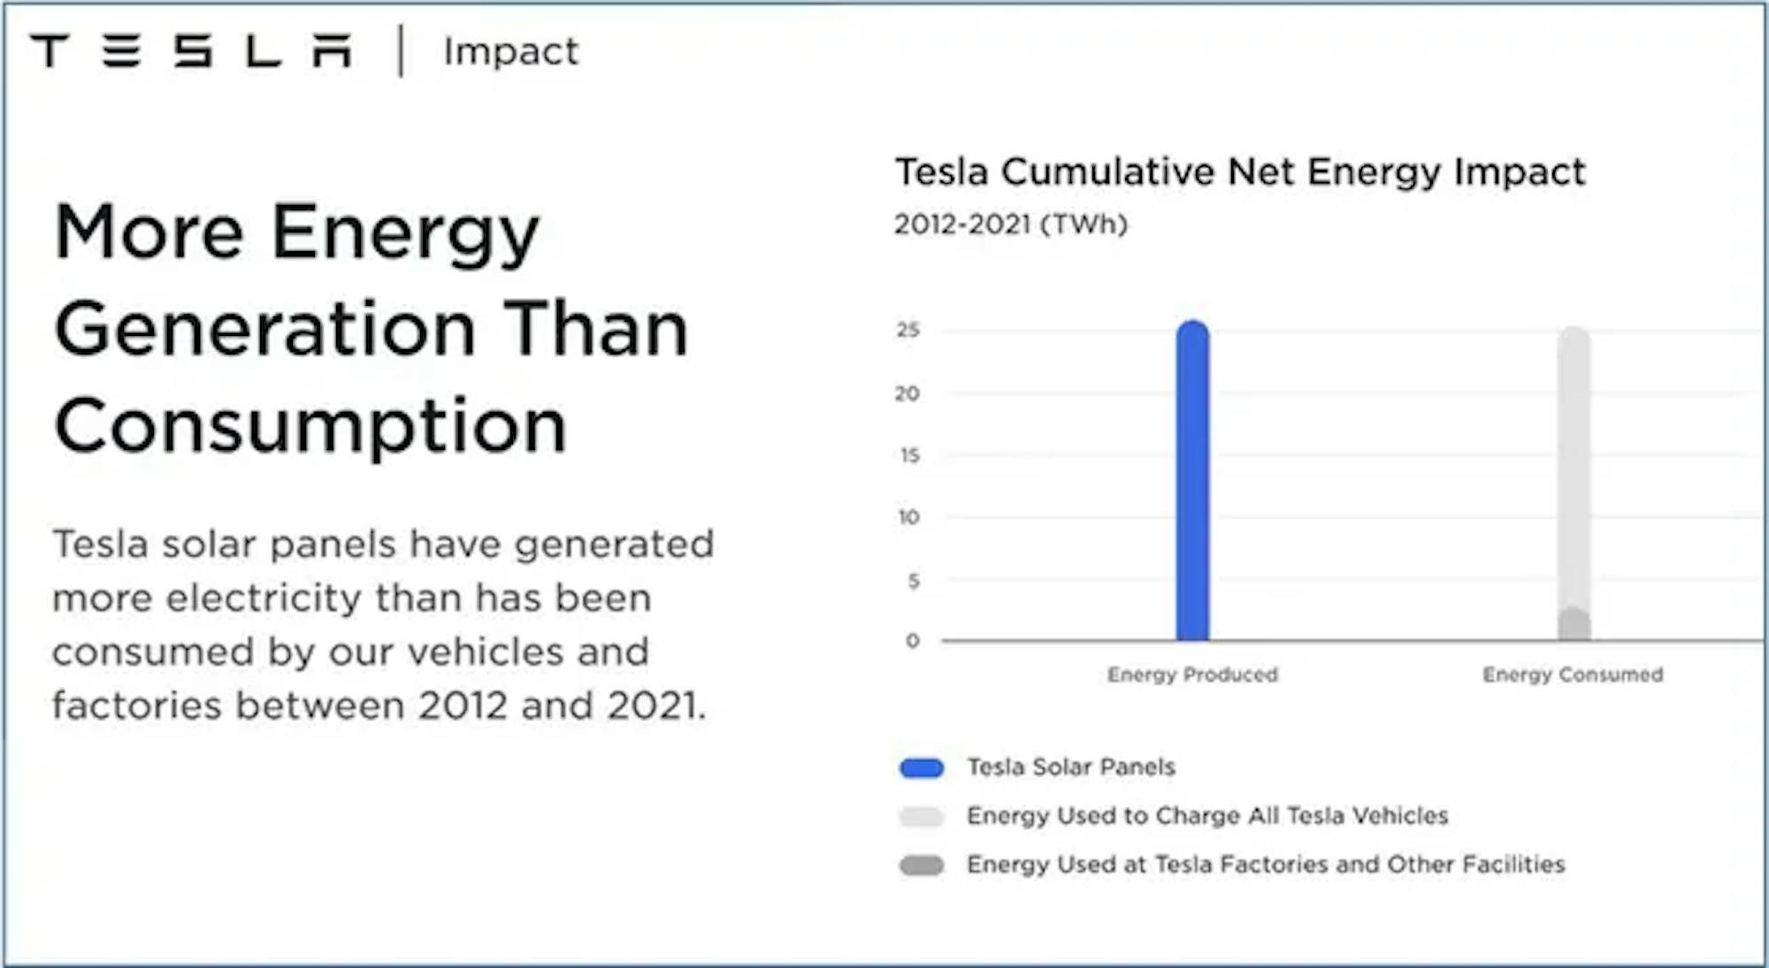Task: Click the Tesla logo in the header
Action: [x=191, y=51]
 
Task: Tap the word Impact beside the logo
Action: [x=511, y=51]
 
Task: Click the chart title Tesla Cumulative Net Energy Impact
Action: [x=1240, y=171]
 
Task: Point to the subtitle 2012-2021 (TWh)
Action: [x=1011, y=225]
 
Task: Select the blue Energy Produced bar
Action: [x=1192, y=480]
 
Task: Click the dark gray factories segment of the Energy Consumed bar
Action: [x=1574, y=624]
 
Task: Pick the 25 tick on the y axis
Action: [x=908, y=330]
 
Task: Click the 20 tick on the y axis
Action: [x=907, y=393]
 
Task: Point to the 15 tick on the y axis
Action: [x=909, y=455]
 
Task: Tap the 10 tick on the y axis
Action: [x=909, y=517]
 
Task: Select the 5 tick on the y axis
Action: [x=914, y=581]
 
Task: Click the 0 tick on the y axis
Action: [x=913, y=641]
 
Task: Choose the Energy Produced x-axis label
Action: [x=1192, y=675]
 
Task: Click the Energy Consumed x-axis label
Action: [x=1573, y=675]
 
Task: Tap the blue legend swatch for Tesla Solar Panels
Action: [x=922, y=768]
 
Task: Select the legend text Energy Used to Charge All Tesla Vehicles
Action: [x=1207, y=816]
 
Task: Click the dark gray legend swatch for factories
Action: [x=922, y=865]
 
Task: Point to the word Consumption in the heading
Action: [x=310, y=426]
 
